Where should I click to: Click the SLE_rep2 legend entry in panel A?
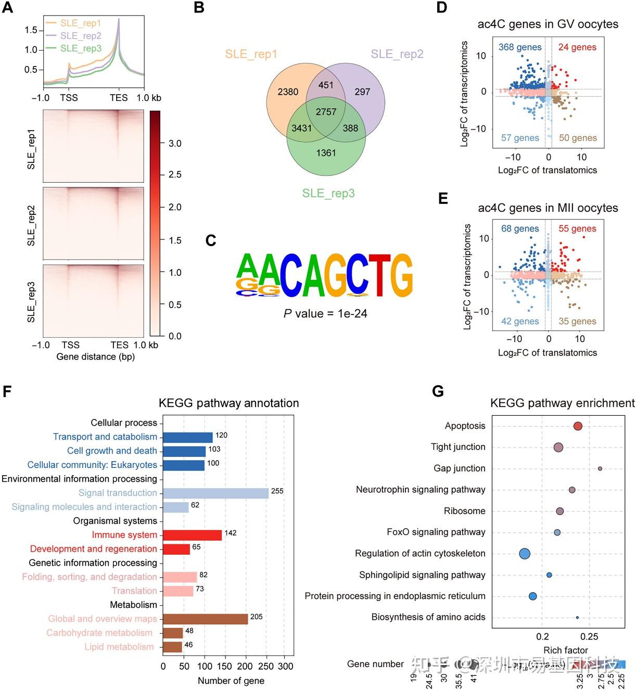[x=81, y=36]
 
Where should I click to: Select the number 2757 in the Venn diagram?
[x=326, y=112]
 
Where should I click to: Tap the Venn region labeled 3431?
[x=301, y=128]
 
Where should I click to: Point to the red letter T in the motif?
[x=379, y=274]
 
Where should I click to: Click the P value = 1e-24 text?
[x=325, y=313]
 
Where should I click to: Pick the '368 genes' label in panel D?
[x=520, y=47]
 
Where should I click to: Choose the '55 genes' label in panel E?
[x=577, y=229]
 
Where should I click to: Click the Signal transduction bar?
[x=215, y=493]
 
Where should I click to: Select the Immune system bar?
[x=192, y=535]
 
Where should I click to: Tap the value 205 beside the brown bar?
[x=256, y=617]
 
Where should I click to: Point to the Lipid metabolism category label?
[x=119, y=647]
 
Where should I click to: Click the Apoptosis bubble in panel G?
[x=577, y=426]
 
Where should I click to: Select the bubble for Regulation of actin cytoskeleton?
[x=525, y=554]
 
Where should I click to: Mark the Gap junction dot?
[x=600, y=469]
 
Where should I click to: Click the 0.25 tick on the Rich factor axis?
[x=589, y=636]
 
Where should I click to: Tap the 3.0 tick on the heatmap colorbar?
[x=175, y=144]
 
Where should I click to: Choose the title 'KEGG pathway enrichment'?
[x=562, y=403]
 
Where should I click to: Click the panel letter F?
[x=7, y=391]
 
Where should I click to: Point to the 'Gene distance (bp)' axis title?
[x=95, y=356]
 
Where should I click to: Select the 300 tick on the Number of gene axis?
[x=285, y=666]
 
